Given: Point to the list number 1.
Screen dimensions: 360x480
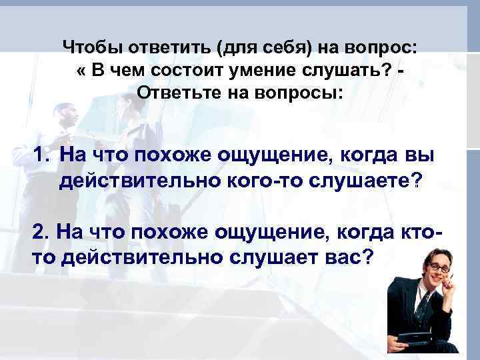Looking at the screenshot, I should click(x=42, y=156).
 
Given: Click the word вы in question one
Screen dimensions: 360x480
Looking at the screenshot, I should click(x=421, y=156).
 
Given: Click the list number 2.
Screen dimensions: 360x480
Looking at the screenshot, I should click(x=41, y=231).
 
